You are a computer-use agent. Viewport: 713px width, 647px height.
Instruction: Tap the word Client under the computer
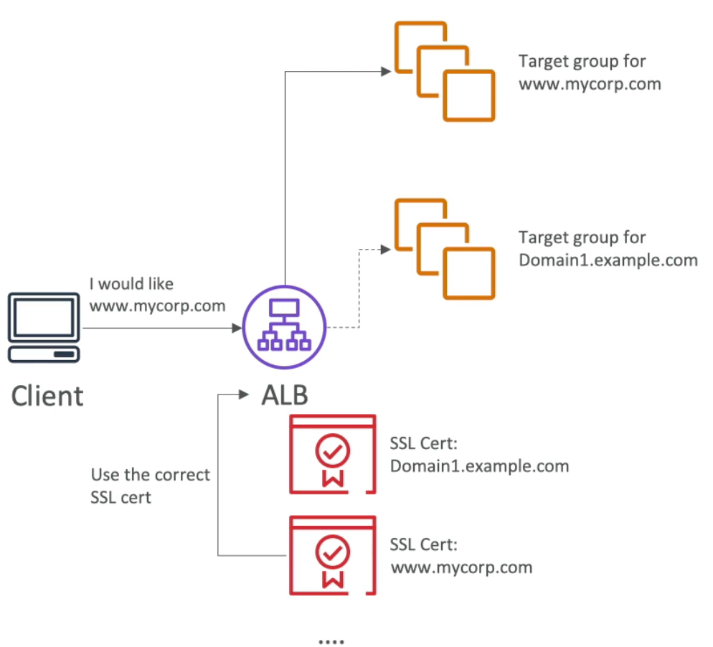[x=47, y=396]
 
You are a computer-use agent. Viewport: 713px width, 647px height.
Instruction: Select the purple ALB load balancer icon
[x=285, y=328]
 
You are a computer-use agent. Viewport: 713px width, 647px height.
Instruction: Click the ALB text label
[x=285, y=395]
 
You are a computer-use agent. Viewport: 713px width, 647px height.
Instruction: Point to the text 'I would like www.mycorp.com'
[x=157, y=295]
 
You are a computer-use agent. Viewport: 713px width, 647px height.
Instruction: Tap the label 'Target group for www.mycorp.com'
[x=590, y=72]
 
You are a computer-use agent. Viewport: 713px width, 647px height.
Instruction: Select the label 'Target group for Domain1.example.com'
[x=608, y=248]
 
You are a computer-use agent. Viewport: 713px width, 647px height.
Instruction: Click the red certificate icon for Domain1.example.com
[x=332, y=454]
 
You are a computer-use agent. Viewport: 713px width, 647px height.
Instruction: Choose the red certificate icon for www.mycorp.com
[x=332, y=554]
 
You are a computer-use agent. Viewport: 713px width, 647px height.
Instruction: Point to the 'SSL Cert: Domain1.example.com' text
[x=479, y=455]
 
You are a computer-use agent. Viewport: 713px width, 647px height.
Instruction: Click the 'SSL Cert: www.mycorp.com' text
[x=461, y=557]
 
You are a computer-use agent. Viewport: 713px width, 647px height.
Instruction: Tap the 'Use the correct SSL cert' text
[x=150, y=486]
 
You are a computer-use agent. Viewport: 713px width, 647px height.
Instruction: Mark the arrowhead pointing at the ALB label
[x=245, y=395]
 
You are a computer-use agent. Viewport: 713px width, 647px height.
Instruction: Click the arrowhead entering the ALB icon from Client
[x=237, y=328]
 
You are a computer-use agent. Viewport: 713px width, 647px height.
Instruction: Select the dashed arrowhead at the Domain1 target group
[x=386, y=249]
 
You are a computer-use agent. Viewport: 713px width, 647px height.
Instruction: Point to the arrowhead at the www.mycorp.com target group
[x=386, y=71]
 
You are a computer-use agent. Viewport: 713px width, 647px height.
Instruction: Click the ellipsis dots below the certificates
[x=331, y=640]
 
